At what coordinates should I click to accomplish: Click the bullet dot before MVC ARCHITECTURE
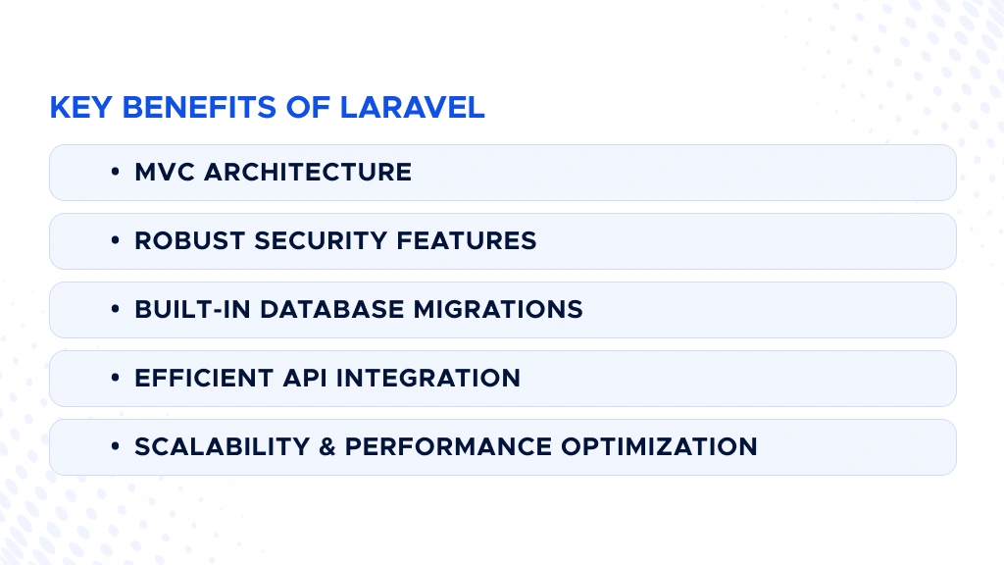pyautogui.click(x=116, y=173)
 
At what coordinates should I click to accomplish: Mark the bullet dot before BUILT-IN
pyautogui.click(x=116, y=310)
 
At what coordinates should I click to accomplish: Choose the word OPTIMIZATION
pyautogui.click(x=659, y=447)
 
